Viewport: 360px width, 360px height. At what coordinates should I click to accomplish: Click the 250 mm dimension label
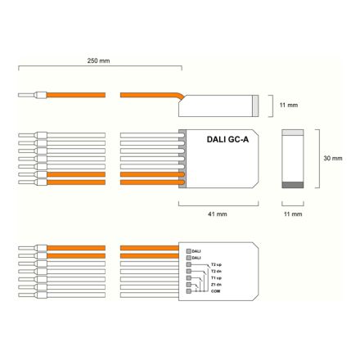98,61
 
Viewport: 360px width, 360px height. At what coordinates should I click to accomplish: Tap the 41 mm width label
217,214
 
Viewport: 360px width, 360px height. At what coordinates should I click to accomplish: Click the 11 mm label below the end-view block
293,214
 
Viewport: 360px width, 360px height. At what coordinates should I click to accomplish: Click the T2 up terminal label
216,264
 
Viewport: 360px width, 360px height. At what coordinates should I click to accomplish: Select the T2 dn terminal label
216,271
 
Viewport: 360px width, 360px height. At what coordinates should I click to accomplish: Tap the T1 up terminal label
216,278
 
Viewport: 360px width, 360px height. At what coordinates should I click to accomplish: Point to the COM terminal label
215,291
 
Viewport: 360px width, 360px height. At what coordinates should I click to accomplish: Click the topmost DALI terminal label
196,250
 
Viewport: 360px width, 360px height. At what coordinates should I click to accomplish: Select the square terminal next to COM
190,291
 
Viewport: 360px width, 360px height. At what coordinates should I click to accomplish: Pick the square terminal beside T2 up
190,264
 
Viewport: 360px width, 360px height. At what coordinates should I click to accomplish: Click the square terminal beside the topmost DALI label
190,250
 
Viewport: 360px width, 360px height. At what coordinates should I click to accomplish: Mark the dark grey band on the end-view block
293,184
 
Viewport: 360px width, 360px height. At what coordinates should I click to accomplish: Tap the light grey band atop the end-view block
293,131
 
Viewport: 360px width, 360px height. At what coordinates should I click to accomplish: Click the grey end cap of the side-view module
256,105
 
